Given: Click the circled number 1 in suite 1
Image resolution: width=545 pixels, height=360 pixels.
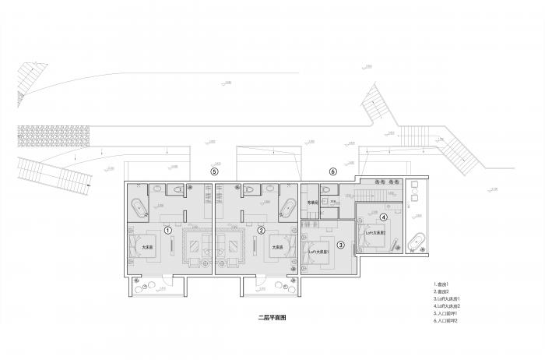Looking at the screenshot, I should pyautogui.click(x=168, y=230).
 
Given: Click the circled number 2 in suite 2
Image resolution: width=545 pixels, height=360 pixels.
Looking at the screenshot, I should pyautogui.click(x=262, y=230).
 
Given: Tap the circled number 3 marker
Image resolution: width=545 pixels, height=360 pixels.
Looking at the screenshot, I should pyautogui.click(x=340, y=245).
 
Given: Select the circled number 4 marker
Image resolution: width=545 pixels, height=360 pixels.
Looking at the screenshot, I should pyautogui.click(x=384, y=217).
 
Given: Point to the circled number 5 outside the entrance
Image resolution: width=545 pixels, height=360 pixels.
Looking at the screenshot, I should pyautogui.click(x=215, y=171).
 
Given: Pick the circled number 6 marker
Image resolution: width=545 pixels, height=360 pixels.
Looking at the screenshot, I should pyautogui.click(x=332, y=171).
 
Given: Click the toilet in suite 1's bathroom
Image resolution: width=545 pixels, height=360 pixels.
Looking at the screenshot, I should pyautogui.click(x=178, y=189).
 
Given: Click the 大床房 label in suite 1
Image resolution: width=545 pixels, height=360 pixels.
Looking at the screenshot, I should pyautogui.click(x=147, y=248).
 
